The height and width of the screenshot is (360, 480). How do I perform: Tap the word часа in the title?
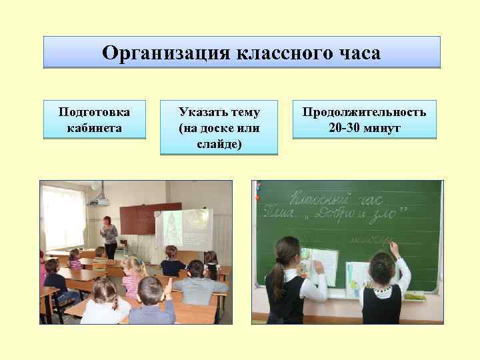coord(358,53)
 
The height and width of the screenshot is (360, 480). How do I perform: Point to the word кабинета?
coord(95,127)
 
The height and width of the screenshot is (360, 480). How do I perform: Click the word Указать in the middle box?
coord(197,111)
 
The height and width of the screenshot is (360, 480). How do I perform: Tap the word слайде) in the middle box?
coord(219,143)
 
